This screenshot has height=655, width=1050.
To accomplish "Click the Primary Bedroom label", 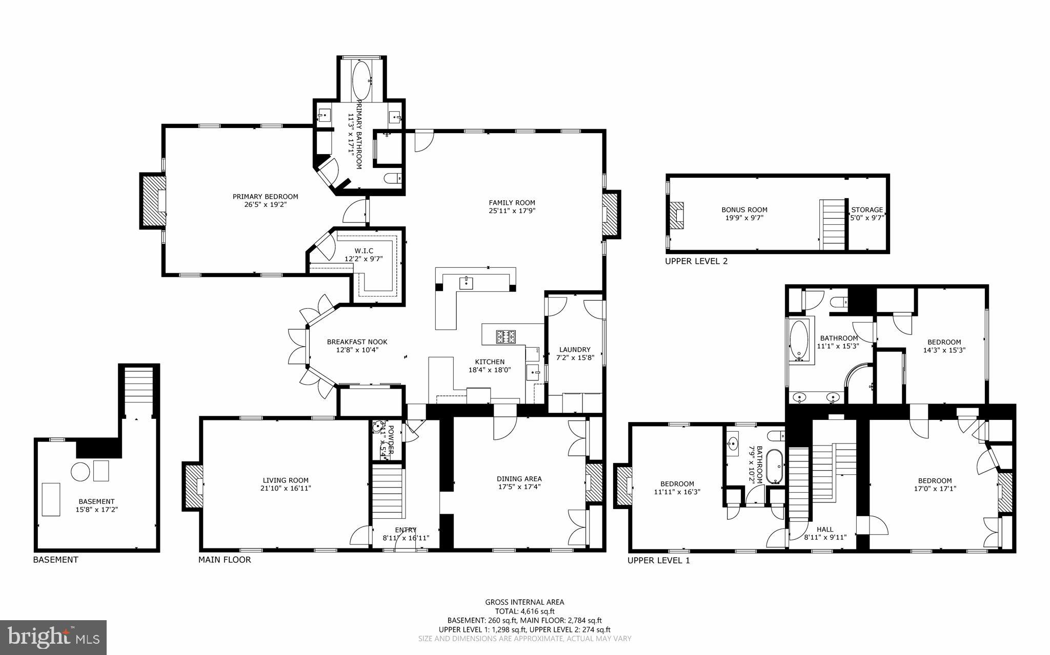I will pyautogui.click(x=265, y=197).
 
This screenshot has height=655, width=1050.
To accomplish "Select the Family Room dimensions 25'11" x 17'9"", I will pyautogui.click(x=512, y=210).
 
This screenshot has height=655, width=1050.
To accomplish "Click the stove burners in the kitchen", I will pyautogui.click(x=506, y=336).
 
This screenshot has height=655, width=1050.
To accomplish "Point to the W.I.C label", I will pyautogui.click(x=364, y=250).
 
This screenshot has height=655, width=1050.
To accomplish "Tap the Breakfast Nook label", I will pyautogui.click(x=357, y=342).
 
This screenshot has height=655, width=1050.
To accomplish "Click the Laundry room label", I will pyautogui.click(x=575, y=350).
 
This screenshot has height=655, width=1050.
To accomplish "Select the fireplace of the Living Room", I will pyautogui.click(x=193, y=487).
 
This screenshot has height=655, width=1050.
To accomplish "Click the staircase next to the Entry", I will pyautogui.click(x=387, y=492).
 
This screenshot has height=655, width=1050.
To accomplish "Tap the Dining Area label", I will pyautogui.click(x=519, y=479).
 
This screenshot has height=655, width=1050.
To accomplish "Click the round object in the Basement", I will pyautogui.click(x=80, y=472).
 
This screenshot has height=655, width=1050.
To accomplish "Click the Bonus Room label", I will pyautogui.click(x=744, y=209).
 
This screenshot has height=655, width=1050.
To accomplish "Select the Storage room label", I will pyautogui.click(x=867, y=209).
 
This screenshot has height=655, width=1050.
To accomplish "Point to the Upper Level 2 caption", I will pyautogui.click(x=696, y=261).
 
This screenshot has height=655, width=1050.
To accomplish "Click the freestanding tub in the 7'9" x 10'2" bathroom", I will pyautogui.click(x=774, y=466).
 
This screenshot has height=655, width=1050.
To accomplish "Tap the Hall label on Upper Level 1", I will pyautogui.click(x=824, y=530).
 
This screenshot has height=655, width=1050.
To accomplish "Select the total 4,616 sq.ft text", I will pyautogui.click(x=524, y=611).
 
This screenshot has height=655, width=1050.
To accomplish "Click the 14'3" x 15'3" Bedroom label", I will pyautogui.click(x=944, y=342).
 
